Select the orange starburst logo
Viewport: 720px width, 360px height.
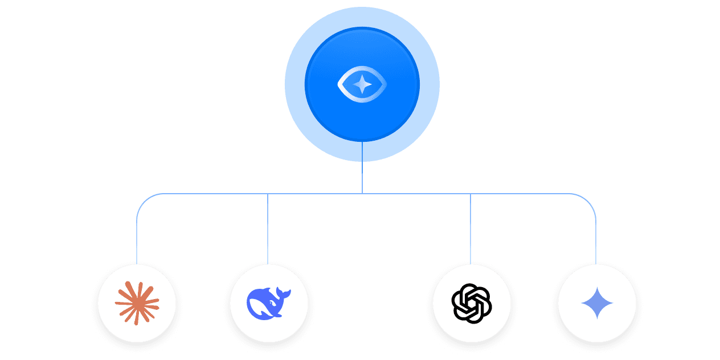click(137, 303)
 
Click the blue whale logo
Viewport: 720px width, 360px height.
click(268, 302)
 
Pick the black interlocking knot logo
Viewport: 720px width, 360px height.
click(471, 303)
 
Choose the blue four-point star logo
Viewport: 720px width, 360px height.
click(596, 303)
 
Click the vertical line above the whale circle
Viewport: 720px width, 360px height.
click(268, 228)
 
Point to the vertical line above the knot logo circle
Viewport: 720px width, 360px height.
click(471, 228)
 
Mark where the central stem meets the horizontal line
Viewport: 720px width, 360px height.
click(362, 194)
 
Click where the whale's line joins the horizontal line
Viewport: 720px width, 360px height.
click(268, 194)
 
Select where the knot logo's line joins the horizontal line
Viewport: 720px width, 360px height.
click(471, 194)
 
